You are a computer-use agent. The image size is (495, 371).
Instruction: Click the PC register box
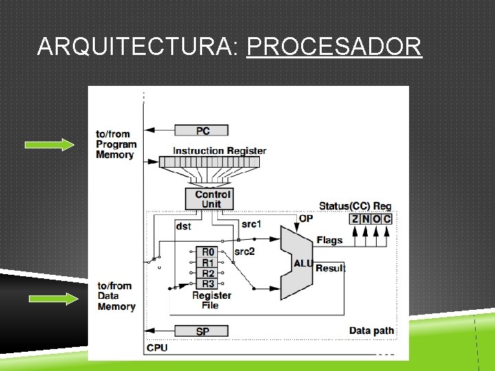tap(202, 131)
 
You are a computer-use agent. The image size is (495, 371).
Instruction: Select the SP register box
tap(202, 331)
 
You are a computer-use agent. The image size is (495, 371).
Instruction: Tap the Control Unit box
tap(212, 199)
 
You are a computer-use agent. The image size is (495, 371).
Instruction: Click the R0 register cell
tap(207, 252)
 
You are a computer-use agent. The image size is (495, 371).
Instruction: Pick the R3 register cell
tap(207, 283)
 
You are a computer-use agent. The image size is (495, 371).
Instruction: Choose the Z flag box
tap(355, 218)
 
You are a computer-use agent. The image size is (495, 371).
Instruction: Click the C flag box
tap(387, 218)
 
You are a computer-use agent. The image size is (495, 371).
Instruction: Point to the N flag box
tap(365, 218)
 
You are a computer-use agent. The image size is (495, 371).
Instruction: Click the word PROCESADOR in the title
tap(333, 47)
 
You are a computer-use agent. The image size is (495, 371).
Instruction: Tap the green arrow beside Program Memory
tap(49, 144)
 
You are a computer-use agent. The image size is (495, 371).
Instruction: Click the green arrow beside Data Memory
tap(52, 299)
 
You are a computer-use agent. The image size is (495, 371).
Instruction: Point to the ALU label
tap(303, 262)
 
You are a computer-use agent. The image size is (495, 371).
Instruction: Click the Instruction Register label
tap(219, 150)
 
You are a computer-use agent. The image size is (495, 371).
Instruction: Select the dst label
tap(184, 225)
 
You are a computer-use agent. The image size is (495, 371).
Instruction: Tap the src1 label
tap(252, 224)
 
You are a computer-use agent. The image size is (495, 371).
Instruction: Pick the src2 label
tap(245, 252)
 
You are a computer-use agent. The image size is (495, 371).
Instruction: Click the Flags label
tap(329, 240)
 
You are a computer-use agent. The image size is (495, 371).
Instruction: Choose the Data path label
tap(371, 330)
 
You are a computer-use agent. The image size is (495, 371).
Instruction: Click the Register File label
tap(211, 300)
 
